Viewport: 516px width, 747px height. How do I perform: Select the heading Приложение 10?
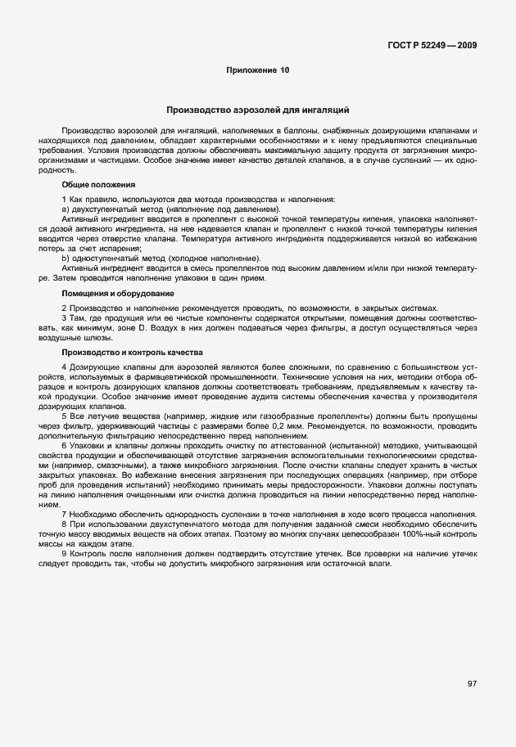258,71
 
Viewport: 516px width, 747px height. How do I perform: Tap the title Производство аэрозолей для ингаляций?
258,109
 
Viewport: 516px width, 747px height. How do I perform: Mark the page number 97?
473,684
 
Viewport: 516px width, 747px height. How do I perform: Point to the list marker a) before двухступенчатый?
66,210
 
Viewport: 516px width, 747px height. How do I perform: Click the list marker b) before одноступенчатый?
66,259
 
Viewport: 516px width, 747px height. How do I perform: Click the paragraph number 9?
64,554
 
